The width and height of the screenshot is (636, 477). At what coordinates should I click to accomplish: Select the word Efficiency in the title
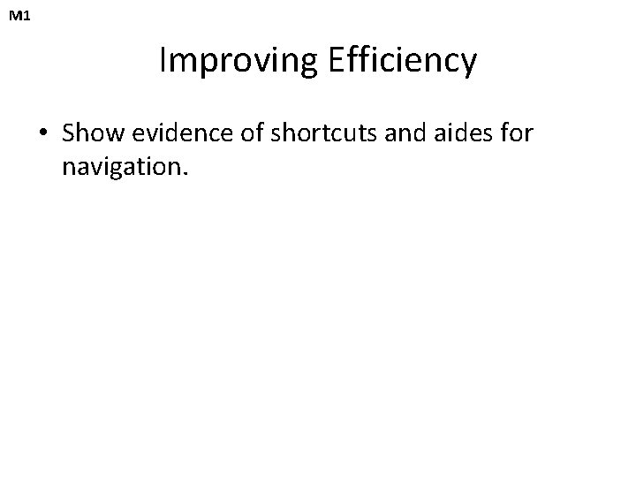(x=403, y=61)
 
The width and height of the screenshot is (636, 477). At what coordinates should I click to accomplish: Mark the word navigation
(x=121, y=167)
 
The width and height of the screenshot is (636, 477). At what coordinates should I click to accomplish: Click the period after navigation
(x=185, y=173)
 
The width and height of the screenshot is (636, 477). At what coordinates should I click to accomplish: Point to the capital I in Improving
(x=164, y=60)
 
